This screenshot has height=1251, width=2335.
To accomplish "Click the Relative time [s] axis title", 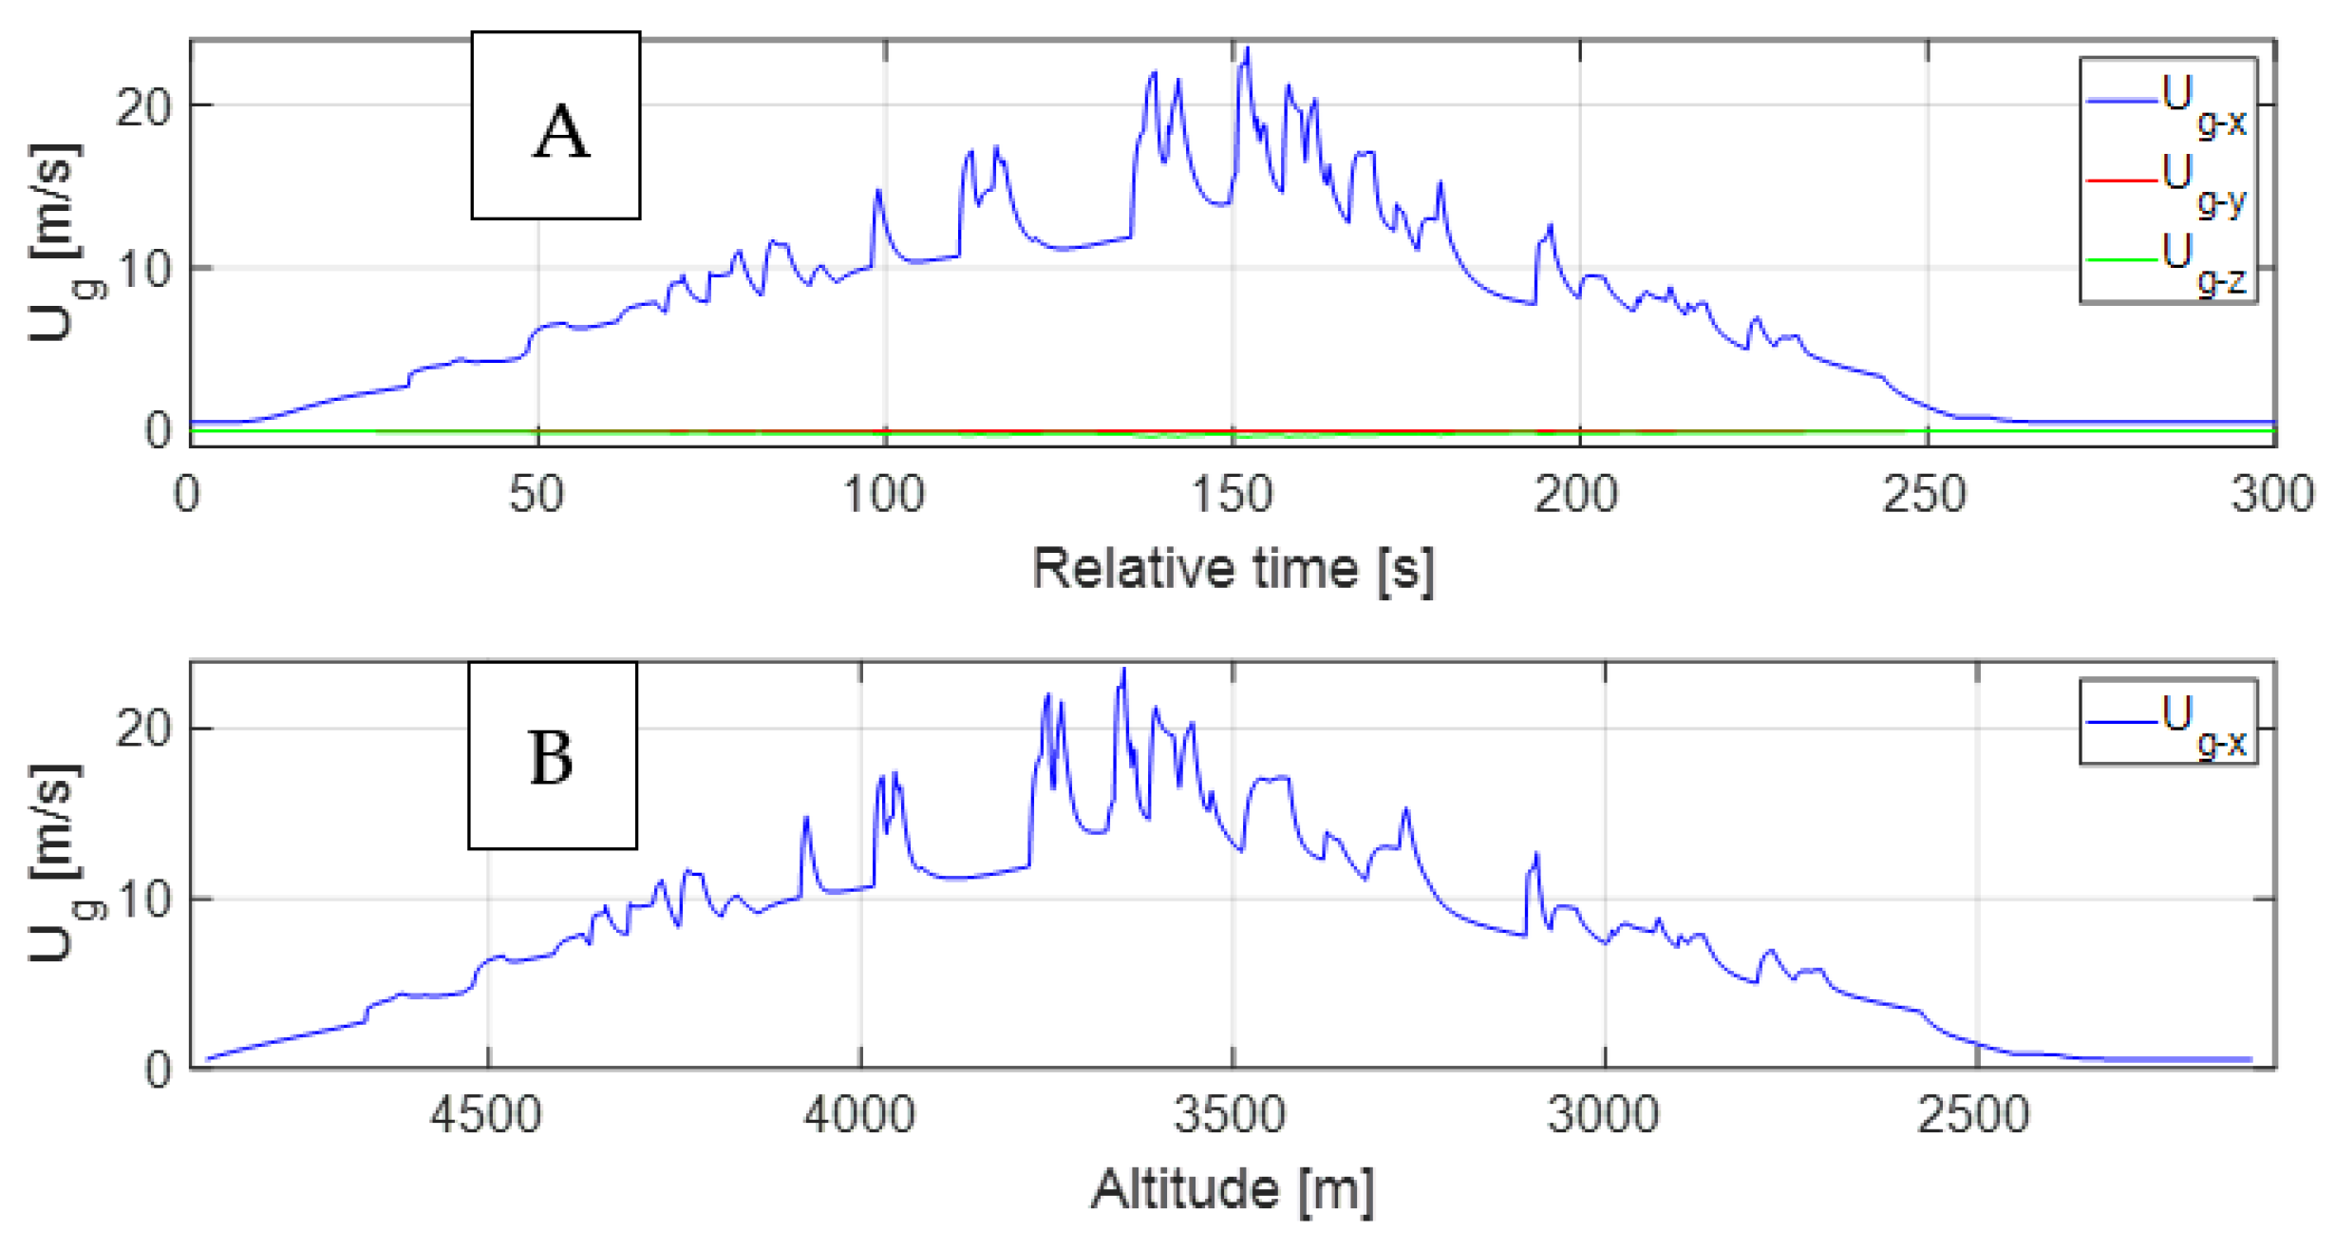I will (1232, 570).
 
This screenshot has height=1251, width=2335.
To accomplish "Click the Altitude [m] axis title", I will (1232, 1189).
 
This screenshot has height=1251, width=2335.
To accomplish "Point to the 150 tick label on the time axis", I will (1232, 496).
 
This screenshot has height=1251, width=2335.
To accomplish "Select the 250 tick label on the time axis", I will (1926, 496).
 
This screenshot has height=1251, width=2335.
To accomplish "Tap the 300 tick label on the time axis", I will (2271, 496).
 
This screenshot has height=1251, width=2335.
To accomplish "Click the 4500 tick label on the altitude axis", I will (486, 1115).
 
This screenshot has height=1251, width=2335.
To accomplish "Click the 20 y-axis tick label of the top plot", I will (142, 107).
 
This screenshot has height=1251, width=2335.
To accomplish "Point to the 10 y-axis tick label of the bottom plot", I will (142, 899).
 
